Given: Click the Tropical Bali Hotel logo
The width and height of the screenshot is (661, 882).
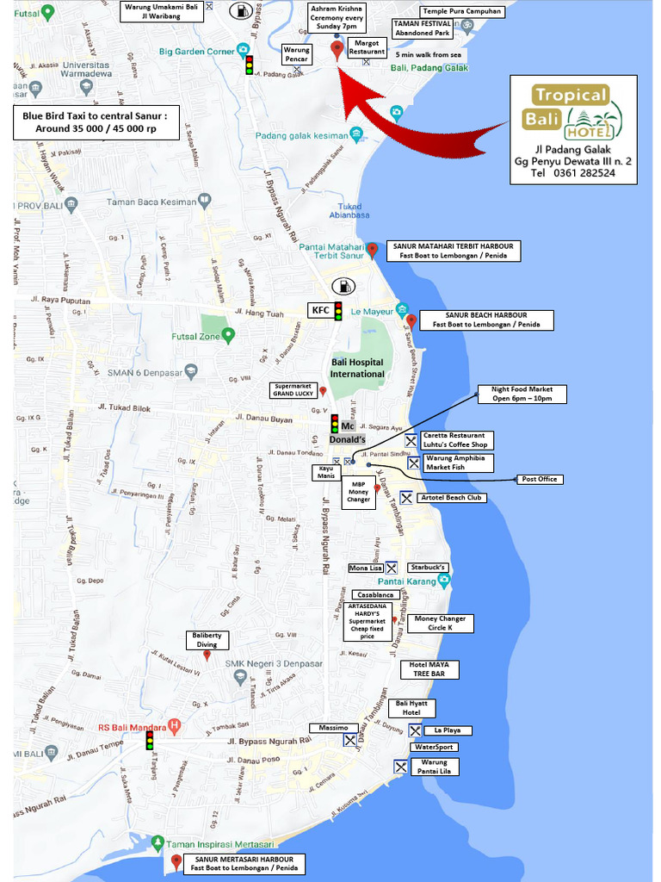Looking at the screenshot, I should click(574, 113).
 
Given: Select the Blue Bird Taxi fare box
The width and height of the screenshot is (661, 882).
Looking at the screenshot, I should click(95, 123).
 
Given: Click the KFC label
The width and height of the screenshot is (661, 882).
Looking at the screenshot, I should click(320, 310).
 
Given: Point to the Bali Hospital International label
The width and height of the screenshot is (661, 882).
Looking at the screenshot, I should click(357, 368).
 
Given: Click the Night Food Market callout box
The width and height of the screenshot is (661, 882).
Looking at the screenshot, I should click(523, 394).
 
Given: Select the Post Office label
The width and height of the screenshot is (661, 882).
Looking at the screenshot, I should click(539, 479).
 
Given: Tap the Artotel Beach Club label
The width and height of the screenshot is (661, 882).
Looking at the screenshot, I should click(452, 498).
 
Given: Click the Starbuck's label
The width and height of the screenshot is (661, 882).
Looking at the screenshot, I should click(428, 568).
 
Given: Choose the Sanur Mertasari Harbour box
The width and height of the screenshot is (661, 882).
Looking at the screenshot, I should click(244, 864).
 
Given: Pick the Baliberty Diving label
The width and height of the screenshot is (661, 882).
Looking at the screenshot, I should click(207, 639).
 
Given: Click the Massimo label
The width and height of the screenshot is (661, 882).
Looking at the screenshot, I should click(333, 728).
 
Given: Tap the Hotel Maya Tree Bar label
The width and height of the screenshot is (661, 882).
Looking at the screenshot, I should click(429, 669).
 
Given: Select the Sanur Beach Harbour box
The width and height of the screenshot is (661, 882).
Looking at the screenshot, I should click(486, 320).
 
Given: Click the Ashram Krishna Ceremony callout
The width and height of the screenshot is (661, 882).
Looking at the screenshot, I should click(336, 17).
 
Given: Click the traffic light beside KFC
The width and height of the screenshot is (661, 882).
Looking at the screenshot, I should click(338, 311).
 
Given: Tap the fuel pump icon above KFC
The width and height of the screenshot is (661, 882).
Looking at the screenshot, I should click(343, 285).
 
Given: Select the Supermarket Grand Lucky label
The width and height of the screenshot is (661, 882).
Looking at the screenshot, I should click(293, 390).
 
